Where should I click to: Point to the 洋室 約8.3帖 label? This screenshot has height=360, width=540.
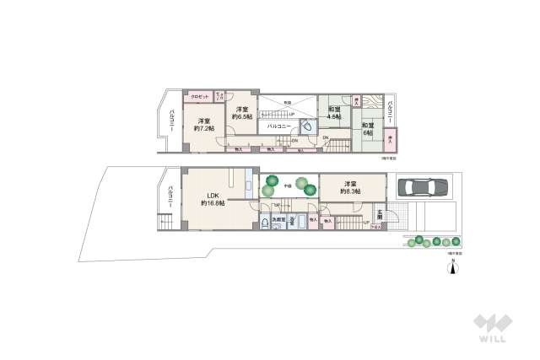351,188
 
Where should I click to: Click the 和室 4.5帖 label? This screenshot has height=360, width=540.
334,113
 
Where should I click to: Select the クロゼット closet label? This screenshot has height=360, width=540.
199,96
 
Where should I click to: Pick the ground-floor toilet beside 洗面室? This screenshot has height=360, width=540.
267,223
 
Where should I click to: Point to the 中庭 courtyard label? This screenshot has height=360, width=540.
288,184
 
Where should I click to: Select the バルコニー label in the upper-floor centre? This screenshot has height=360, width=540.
279,126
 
